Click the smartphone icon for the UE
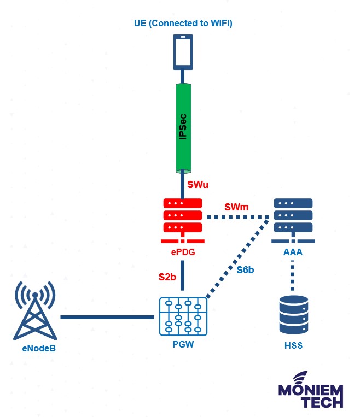tap(183, 52)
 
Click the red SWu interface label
tap(198, 185)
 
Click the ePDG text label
tap(183, 252)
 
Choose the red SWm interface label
tap(236, 208)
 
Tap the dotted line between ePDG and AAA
tap(237, 218)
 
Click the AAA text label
tap(293, 252)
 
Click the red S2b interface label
tap(167, 277)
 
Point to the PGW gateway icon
tap(183, 317)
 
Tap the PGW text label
tap(183, 345)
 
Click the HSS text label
tap(293, 345)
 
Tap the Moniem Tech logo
tap(311, 390)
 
